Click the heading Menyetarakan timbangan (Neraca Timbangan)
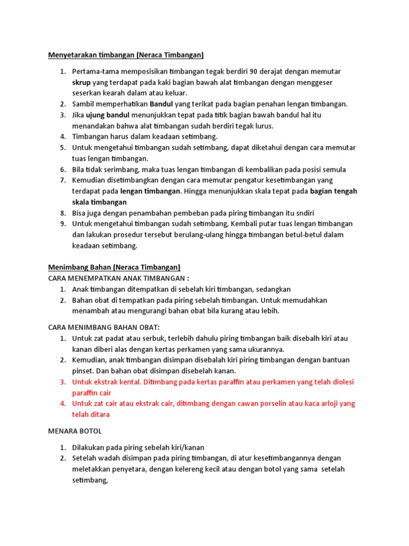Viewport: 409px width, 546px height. (x=126, y=55)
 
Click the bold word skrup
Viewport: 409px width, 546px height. (x=81, y=82)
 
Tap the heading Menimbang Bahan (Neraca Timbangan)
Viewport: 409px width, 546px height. (x=114, y=267)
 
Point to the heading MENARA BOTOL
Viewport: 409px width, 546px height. (x=75, y=431)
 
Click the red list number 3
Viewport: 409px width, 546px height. (x=62, y=382)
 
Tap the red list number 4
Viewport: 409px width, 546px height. (x=62, y=404)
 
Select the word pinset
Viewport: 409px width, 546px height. (x=83, y=371)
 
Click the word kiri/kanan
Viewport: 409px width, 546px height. (x=186, y=447)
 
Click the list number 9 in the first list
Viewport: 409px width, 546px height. (x=62, y=224)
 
